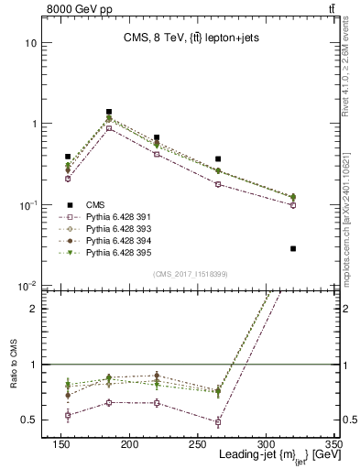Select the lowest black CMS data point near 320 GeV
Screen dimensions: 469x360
point(293,248)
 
